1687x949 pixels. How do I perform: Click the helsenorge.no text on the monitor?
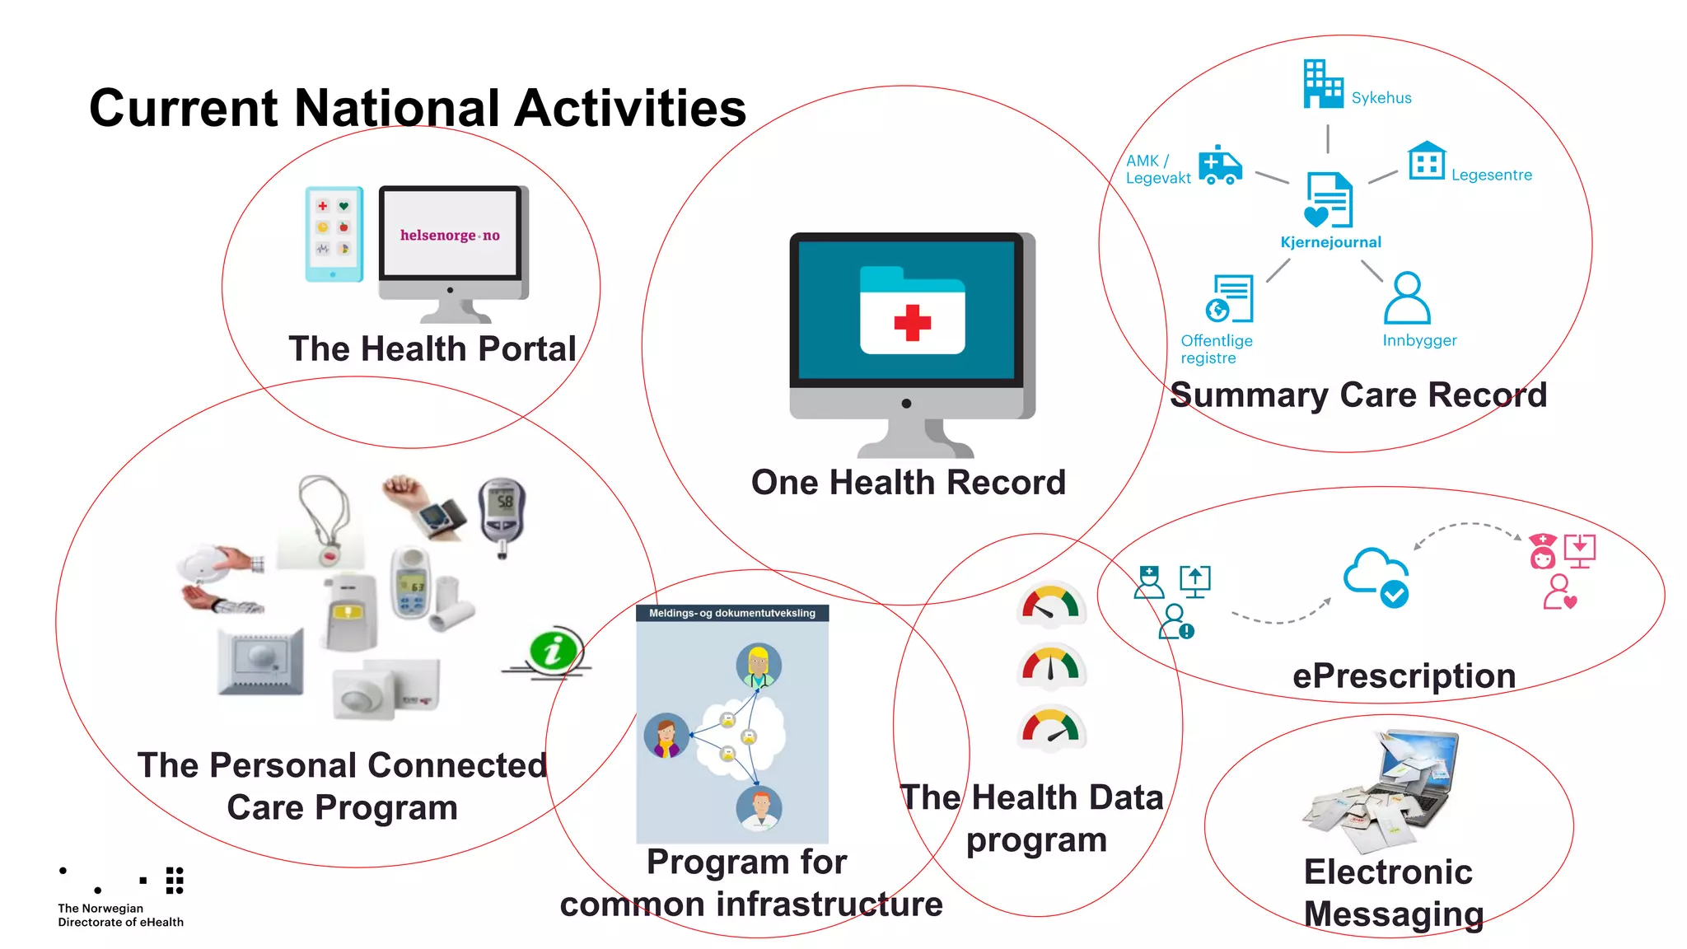click(x=450, y=236)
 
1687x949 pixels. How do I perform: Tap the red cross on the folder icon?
click(x=912, y=322)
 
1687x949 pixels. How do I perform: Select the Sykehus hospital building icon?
click(x=1323, y=84)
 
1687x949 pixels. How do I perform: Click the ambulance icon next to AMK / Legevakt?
click(x=1220, y=166)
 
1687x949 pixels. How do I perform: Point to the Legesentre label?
click(x=1491, y=175)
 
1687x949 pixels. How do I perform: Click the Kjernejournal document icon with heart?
click(x=1328, y=200)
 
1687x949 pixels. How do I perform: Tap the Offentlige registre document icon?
click(x=1230, y=299)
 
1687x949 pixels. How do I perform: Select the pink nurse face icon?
click(x=1542, y=552)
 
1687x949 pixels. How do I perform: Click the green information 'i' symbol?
click(x=554, y=651)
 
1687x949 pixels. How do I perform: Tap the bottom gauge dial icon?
click(x=1050, y=728)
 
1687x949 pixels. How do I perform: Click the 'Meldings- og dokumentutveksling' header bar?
click(x=731, y=613)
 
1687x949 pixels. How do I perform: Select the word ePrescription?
click(x=1404, y=676)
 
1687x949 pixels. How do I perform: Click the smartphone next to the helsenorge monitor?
click(x=334, y=235)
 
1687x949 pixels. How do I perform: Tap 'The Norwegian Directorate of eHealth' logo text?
click(x=120, y=915)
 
